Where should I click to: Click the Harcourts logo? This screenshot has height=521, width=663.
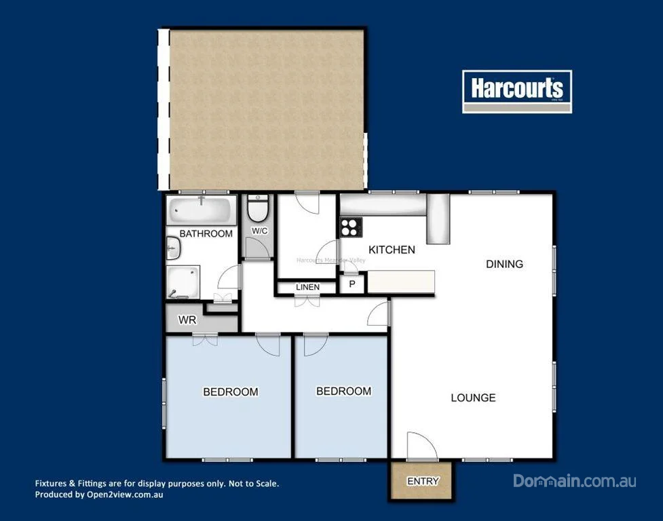(517, 91)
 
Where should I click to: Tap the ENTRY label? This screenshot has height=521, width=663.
(423, 482)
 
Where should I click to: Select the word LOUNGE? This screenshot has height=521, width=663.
(473, 398)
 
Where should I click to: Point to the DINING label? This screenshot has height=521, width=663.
(504, 264)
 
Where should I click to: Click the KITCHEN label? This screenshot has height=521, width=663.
(392, 250)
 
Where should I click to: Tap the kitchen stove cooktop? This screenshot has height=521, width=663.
(350, 227)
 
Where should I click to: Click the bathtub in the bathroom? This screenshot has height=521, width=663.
(202, 210)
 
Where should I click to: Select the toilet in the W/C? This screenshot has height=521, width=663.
(258, 208)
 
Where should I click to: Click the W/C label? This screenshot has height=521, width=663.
(260, 231)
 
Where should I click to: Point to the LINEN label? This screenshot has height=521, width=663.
(307, 288)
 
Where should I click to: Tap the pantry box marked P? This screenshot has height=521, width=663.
(352, 284)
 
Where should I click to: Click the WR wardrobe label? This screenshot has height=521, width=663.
(187, 320)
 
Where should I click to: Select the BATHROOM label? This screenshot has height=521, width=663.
(206, 233)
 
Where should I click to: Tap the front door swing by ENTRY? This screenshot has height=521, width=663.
(421, 446)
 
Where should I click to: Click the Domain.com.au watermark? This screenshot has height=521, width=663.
(574, 481)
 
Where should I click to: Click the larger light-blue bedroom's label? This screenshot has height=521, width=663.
(231, 391)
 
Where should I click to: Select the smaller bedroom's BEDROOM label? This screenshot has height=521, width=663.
(343, 391)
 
